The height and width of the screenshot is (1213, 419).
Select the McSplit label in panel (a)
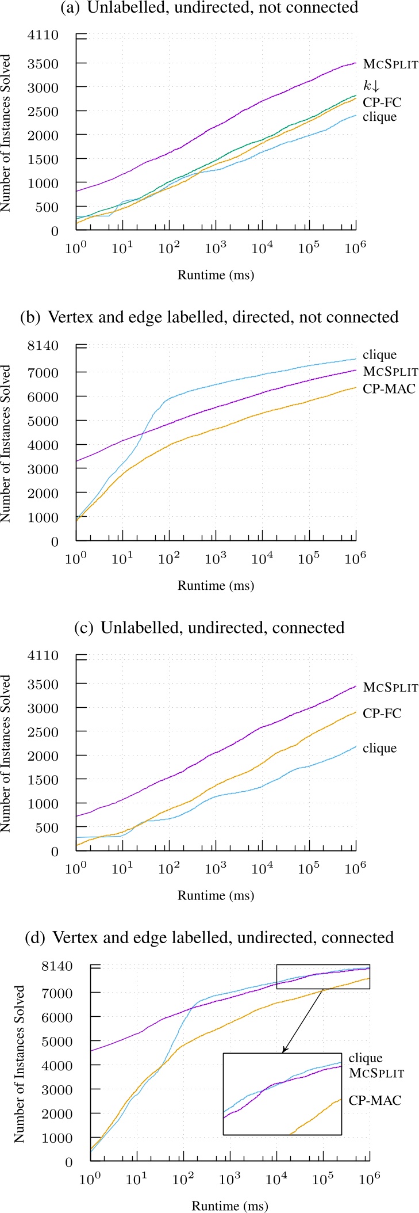pyautogui.click(x=391, y=64)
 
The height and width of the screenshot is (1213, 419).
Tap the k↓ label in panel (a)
pyautogui.click(x=371, y=86)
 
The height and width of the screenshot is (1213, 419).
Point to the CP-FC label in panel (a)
pyautogui.click(x=382, y=102)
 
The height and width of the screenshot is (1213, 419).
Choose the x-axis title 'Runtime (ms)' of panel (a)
pyautogui.click(x=216, y=275)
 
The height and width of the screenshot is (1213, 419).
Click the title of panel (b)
pyautogui.click(x=209, y=317)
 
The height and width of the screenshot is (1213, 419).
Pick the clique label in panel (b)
pyautogui.click(x=379, y=355)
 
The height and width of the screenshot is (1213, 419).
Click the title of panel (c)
pyautogui.click(x=209, y=627)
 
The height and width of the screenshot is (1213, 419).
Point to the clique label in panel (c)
pyautogui.click(x=379, y=748)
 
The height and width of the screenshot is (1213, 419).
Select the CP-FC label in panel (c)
pyautogui.click(x=382, y=714)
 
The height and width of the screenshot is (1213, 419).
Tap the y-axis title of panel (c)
pyautogui.click(x=6, y=753)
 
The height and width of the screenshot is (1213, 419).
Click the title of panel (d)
pyautogui.click(x=209, y=937)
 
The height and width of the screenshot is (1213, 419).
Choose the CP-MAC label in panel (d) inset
pyautogui.click(x=375, y=1100)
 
